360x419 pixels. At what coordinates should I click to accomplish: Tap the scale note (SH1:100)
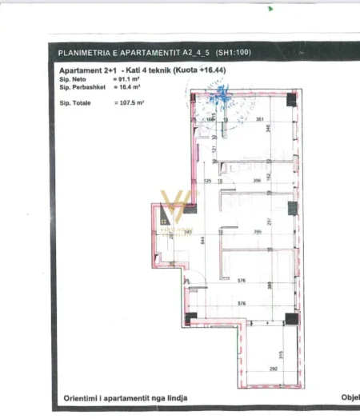click(x=233, y=53)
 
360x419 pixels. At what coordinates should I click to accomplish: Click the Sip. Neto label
click(x=73, y=81)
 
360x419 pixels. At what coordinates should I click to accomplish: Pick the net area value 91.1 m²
click(x=129, y=81)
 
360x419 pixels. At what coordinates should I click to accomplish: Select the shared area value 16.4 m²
click(x=129, y=87)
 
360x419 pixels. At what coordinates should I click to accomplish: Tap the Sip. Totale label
click(x=76, y=103)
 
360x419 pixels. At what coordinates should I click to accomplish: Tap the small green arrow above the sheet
click(x=270, y=10)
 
